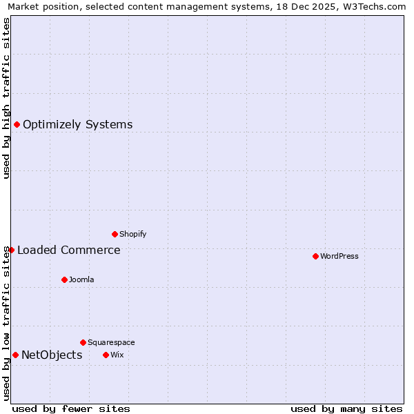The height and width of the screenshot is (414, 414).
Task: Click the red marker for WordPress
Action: pyautogui.click(x=315, y=256)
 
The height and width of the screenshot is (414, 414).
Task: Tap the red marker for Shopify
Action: pyautogui.click(x=115, y=234)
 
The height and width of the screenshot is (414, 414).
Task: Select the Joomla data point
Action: pyautogui.click(x=64, y=279)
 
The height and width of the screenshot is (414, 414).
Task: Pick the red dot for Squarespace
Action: pyautogui.click(x=83, y=342)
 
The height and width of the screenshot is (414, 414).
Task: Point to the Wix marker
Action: pyautogui.click(x=106, y=355)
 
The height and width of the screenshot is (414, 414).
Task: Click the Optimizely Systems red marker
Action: pyautogui.click(x=17, y=124)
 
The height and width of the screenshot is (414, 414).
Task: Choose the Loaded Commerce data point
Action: pyautogui.click(x=11, y=250)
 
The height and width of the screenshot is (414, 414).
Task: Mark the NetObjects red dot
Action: pyautogui.click(x=15, y=355)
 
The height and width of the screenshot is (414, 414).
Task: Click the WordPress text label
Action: pyautogui.click(x=339, y=256)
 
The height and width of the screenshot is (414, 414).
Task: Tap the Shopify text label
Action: pyautogui.click(x=133, y=234)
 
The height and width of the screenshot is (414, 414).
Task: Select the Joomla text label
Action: pyautogui.click(x=81, y=279)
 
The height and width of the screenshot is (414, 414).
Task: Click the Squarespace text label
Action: pyautogui.click(x=111, y=342)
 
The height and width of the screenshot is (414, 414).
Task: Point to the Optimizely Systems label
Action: pyautogui.click(x=78, y=124)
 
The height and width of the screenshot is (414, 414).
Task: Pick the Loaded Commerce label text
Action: pyautogui.click(x=69, y=250)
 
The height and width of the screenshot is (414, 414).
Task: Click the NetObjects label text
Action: pyautogui.click(x=52, y=355)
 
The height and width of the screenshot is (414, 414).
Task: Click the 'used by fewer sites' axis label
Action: pyautogui.click(x=71, y=408)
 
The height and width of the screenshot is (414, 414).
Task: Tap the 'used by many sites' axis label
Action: pyautogui.click(x=346, y=408)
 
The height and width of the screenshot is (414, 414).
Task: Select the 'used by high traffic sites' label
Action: pyautogui.click(x=6, y=98)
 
